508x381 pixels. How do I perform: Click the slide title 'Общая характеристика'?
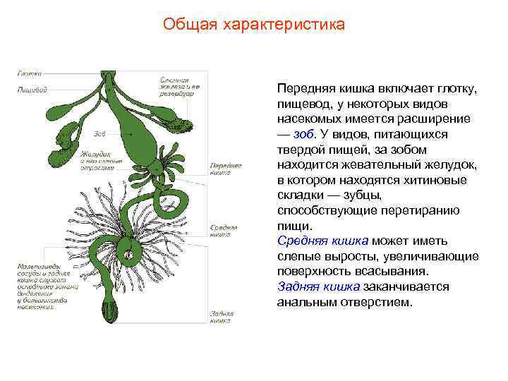[x=254, y=25]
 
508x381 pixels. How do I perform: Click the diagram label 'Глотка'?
[x=29, y=73]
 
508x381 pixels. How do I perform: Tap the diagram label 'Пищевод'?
[x=32, y=90]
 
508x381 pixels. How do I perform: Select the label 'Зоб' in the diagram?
[x=99, y=133]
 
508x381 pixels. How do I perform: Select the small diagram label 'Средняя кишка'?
[x=224, y=231]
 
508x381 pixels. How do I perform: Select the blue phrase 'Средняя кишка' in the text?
[x=322, y=241]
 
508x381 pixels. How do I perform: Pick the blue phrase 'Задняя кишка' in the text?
[x=319, y=287]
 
